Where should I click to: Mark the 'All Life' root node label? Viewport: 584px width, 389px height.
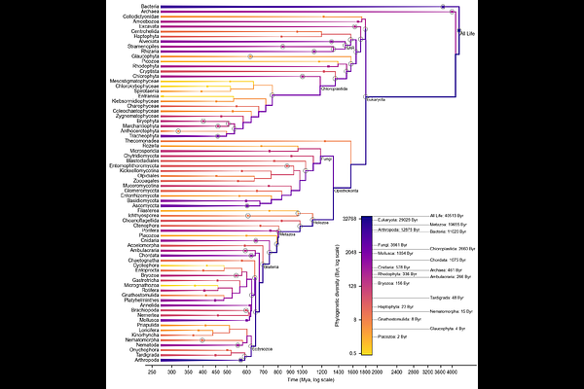coord(471,35)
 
